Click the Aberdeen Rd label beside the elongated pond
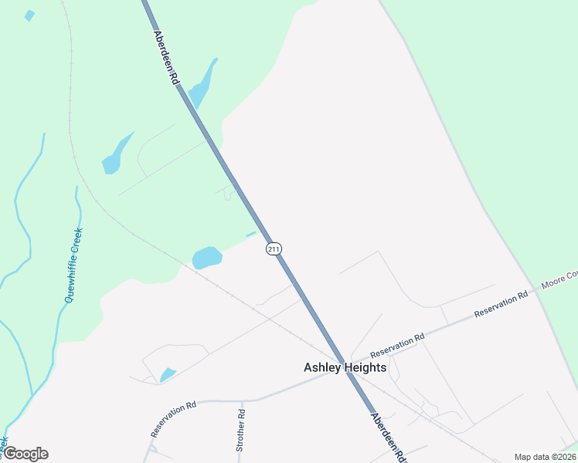point(165,58)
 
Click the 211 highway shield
point(274,248)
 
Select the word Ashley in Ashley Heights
point(322,368)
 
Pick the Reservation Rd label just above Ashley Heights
point(397,343)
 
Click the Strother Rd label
point(240,430)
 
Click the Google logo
point(25,454)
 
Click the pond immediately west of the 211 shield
point(206,257)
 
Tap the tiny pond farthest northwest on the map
point(29,15)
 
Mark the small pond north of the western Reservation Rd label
point(167,375)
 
